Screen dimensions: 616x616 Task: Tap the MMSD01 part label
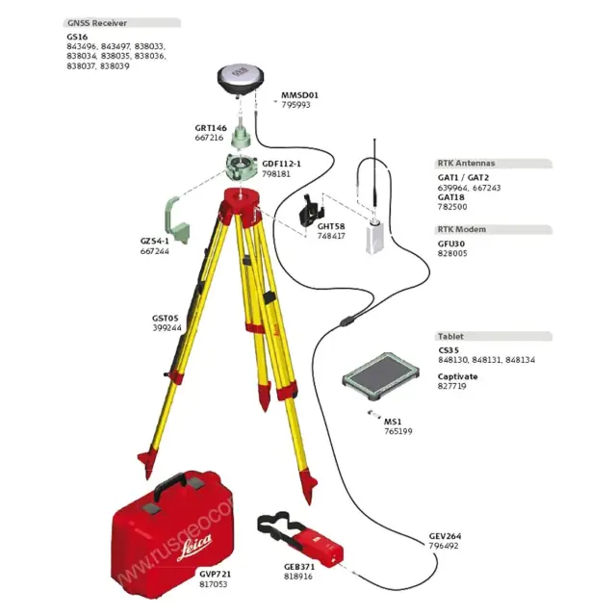pos(298,95)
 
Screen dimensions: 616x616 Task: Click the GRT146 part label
pos(211,127)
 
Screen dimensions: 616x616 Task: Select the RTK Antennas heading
pos(467,164)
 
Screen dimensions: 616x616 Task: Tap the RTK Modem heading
pos(462,230)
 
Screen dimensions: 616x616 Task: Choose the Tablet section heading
pos(450,336)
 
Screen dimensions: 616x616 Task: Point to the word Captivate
pos(457,376)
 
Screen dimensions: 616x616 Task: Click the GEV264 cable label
pos(445,536)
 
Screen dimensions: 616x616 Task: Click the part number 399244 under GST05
pos(166,327)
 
